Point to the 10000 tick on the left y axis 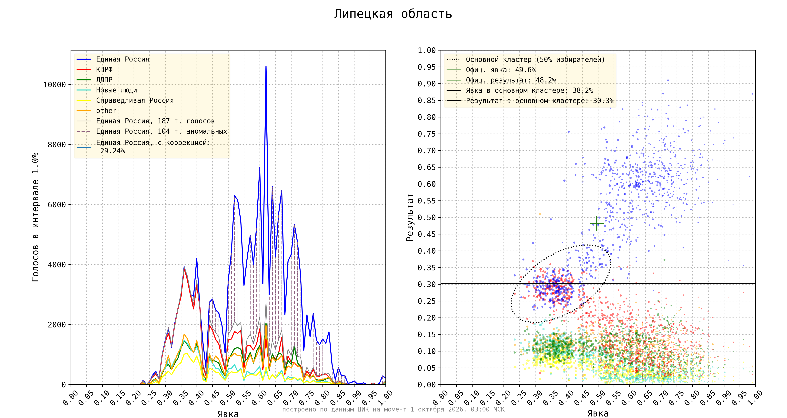[x=55, y=85]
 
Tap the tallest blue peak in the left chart [x=266, y=66]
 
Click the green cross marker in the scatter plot [x=597, y=224]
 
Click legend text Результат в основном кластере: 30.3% [x=540, y=101]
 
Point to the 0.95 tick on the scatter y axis [x=427, y=67]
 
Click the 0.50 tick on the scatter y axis [x=427, y=218]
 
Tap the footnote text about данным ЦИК [x=393, y=409]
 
